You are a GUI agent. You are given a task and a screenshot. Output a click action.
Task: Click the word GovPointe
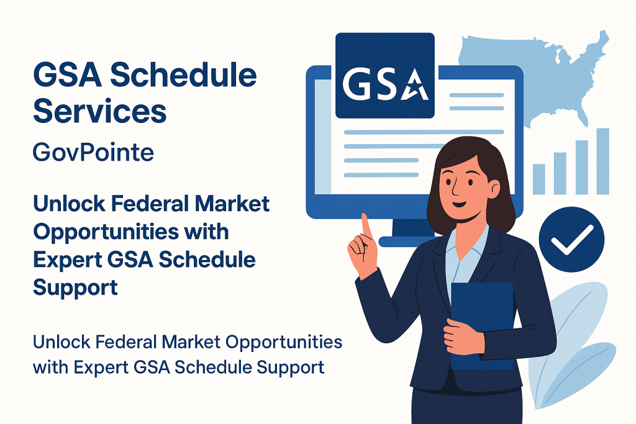[x=93, y=153]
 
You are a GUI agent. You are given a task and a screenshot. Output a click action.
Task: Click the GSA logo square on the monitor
[x=385, y=76]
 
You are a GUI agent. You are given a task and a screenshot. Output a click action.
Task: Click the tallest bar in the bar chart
[x=602, y=161]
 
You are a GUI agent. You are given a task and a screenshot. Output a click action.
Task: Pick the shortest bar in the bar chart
[x=539, y=179]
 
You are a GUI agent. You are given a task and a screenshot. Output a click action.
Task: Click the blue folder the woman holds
[x=482, y=324]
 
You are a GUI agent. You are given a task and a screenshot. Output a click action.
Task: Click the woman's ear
[x=494, y=188]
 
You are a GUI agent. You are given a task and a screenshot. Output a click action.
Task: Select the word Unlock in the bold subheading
[x=69, y=204]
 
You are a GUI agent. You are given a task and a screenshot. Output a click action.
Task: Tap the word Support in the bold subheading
[x=75, y=288]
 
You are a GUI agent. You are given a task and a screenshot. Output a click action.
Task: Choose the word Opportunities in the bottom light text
[x=284, y=342]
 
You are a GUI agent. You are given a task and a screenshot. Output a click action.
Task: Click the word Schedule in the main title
[x=183, y=75]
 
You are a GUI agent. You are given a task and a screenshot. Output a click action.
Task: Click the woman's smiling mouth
[x=459, y=204]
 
